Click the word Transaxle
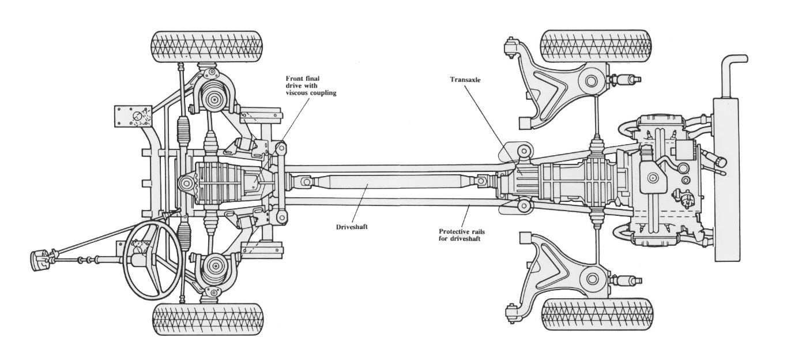(x=466, y=81)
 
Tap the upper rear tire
(x=596, y=46)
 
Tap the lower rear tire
(x=597, y=314)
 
